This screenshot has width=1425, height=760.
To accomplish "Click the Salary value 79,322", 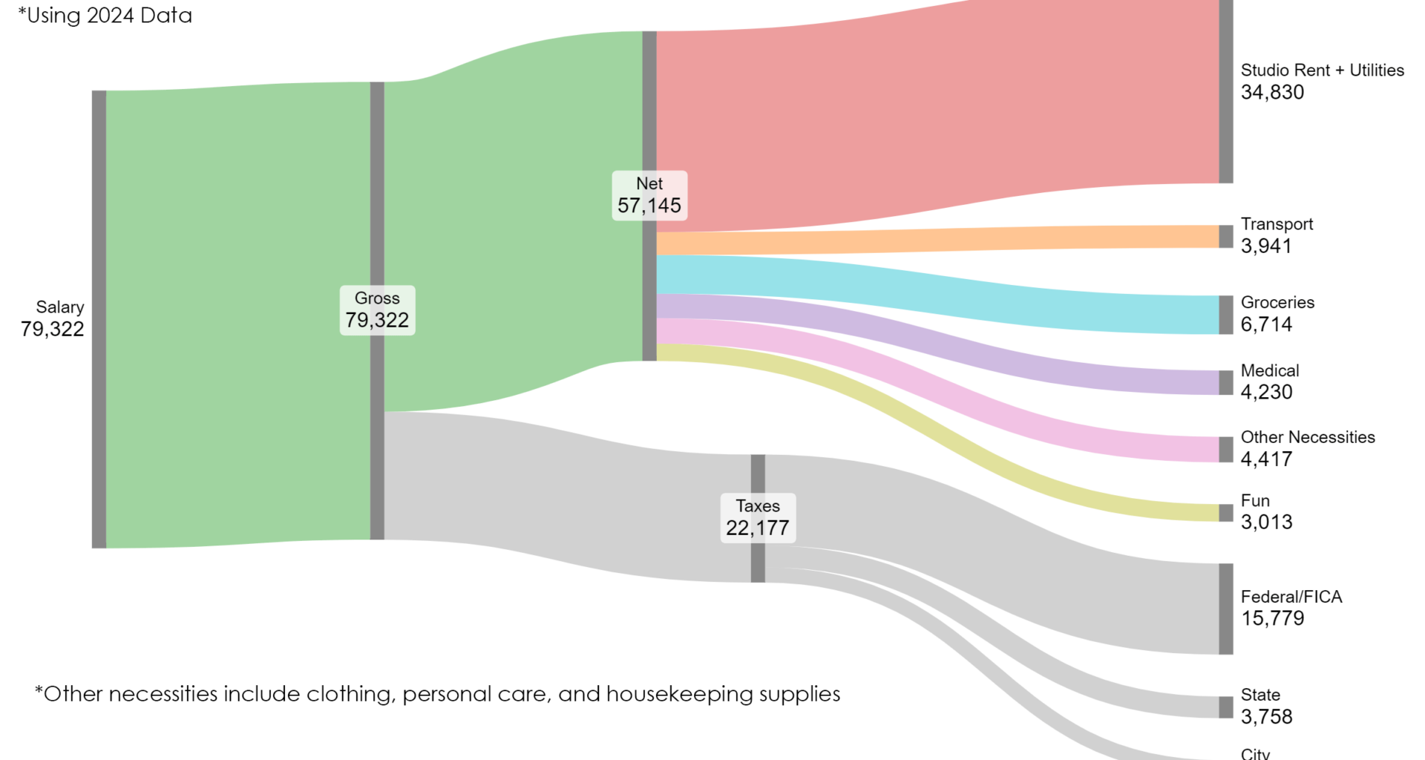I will (x=52, y=330).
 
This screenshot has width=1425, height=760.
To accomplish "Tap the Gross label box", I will (x=377, y=310).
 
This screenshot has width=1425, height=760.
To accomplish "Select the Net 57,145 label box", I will (x=649, y=196).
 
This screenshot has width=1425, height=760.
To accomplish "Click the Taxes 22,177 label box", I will (x=758, y=518).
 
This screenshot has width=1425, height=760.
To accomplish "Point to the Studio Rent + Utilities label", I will (x=1322, y=71).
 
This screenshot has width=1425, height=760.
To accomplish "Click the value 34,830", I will (x=1272, y=93).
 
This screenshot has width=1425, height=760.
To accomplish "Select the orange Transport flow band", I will (x=935, y=240).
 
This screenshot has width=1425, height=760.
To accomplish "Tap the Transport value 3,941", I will (x=1266, y=246).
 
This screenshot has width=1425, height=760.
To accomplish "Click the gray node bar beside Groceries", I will (x=1225, y=315).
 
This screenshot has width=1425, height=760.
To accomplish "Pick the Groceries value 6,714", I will (x=1266, y=325).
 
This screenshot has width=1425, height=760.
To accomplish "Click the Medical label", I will (x=1270, y=371).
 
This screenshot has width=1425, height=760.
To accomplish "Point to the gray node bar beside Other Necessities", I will (x=1225, y=450).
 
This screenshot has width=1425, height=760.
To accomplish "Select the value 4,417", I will (x=1266, y=459).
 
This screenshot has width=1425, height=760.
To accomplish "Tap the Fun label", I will (x=1255, y=501).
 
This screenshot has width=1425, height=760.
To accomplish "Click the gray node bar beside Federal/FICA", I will (x=1225, y=609).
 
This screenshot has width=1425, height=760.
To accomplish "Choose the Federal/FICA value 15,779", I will (x=1272, y=619).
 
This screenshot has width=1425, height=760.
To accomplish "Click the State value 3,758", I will (x=1266, y=717).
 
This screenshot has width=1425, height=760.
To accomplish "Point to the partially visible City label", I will (x=1255, y=754).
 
